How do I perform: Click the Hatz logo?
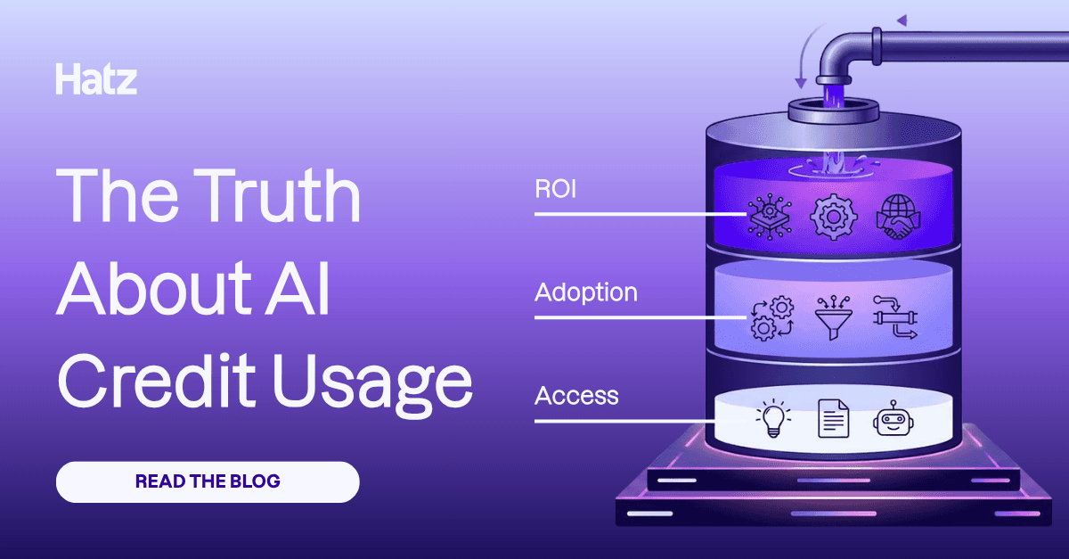96,79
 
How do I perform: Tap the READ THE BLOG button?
208,482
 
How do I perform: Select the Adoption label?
585,292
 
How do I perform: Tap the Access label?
576,395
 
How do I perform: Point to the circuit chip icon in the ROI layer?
769,216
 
